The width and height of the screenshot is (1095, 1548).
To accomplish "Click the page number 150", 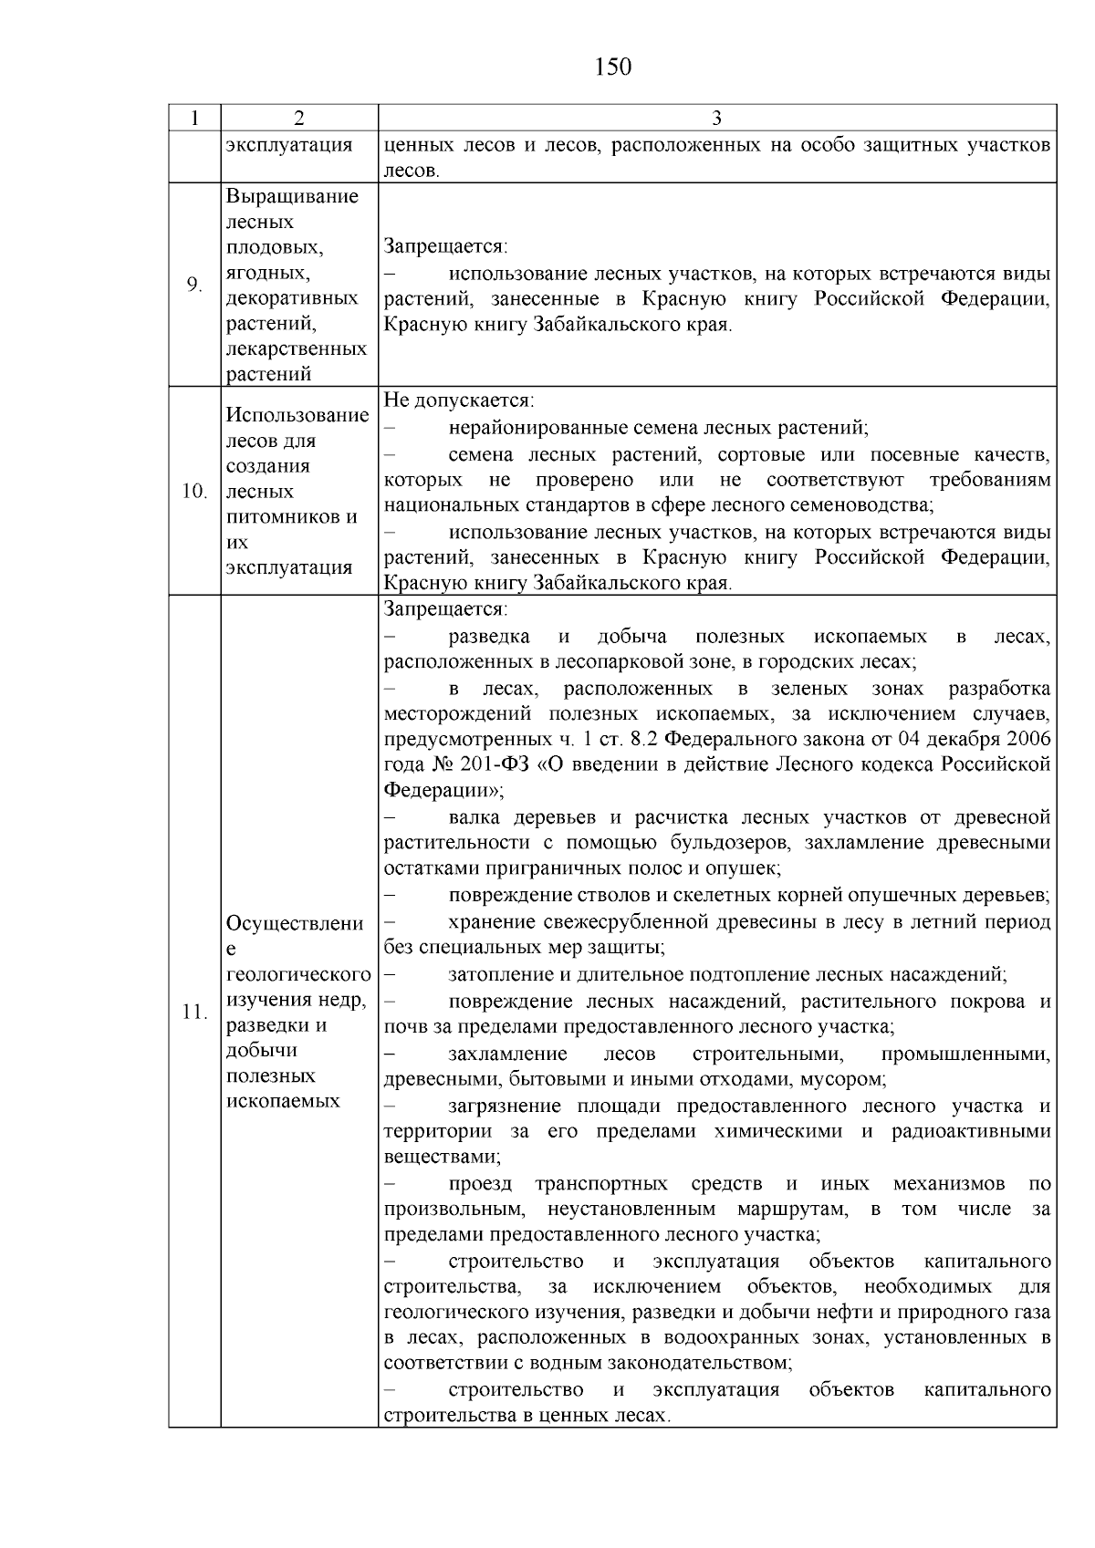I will (x=612, y=68).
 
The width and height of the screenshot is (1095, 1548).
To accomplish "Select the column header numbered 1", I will (x=193, y=118).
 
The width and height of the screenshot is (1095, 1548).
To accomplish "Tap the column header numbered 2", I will (x=299, y=118).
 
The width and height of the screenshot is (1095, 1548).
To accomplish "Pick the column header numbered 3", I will (x=716, y=118).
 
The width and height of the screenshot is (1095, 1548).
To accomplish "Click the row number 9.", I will (x=193, y=286).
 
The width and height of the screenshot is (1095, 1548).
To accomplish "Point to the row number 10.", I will (x=194, y=492).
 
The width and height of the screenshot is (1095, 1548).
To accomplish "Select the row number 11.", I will (x=194, y=1012).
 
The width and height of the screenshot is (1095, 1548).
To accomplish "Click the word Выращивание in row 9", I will (x=293, y=197).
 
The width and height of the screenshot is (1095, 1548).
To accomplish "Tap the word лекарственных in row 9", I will (x=297, y=348).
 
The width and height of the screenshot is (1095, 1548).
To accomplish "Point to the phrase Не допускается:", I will (x=459, y=400).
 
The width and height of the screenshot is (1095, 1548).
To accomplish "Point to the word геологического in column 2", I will (x=298, y=974).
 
